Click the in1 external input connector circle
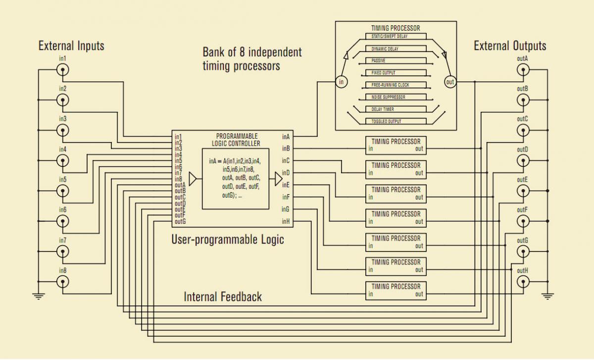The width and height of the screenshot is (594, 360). [x=63, y=70]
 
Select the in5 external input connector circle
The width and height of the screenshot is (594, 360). [x=63, y=191]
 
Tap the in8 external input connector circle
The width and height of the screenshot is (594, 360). [x=63, y=282]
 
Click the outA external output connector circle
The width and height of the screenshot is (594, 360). [x=523, y=70]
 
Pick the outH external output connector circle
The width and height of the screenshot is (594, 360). [x=523, y=282]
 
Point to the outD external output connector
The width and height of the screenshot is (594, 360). [x=523, y=161]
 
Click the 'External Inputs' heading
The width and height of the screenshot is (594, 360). [x=71, y=46]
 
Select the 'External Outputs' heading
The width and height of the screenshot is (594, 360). [x=510, y=46]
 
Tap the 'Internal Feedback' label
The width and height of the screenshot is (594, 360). [x=223, y=297]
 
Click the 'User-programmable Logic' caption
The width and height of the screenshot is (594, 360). [x=228, y=240]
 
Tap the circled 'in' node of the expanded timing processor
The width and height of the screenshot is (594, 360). [x=341, y=82]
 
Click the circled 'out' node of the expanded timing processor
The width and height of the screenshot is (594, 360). [x=450, y=82]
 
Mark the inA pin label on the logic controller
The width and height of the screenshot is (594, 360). [x=286, y=137]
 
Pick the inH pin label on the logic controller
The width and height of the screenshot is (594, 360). [x=286, y=221]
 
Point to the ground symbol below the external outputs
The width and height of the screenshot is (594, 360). [x=547, y=296]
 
